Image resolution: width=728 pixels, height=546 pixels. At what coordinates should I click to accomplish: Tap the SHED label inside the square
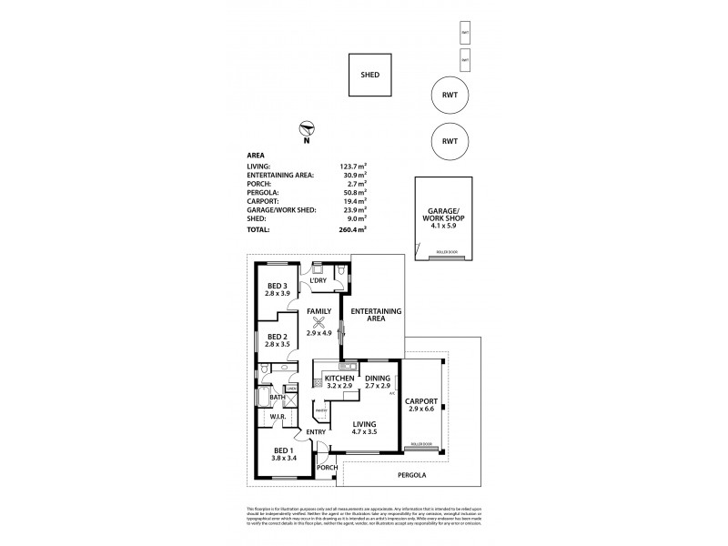pyautogui.click(x=369, y=76)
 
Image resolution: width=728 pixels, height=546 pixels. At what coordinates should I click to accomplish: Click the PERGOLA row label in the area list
pyautogui.click(x=262, y=193)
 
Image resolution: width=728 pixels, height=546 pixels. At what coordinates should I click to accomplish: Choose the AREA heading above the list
pyautogui.click(x=257, y=155)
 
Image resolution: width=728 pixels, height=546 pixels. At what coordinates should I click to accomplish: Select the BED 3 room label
pyautogui.click(x=277, y=286)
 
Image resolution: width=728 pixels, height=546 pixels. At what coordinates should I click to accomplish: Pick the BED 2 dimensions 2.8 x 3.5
pyautogui.click(x=277, y=346)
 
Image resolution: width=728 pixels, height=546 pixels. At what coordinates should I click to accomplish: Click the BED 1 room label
pyautogui.click(x=284, y=450)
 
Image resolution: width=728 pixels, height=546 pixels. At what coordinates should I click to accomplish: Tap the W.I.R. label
pyautogui.click(x=278, y=417)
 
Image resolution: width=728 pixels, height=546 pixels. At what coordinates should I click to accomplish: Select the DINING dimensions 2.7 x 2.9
pyautogui.click(x=377, y=387)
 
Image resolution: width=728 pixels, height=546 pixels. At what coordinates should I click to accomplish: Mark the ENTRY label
pyautogui.click(x=316, y=432)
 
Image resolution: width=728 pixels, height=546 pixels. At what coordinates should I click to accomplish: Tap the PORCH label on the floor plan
pyautogui.click(x=327, y=468)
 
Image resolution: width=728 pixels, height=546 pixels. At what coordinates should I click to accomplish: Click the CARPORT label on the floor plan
pyautogui.click(x=423, y=401)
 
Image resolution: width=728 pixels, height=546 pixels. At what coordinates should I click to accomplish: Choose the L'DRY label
pyautogui.click(x=318, y=280)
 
